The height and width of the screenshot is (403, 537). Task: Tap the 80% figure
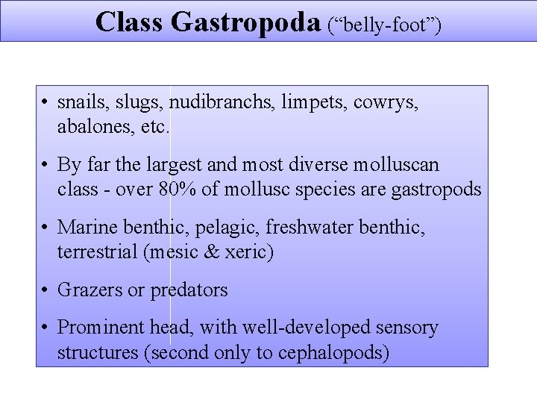[178, 190]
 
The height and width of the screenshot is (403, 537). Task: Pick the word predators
[189, 290]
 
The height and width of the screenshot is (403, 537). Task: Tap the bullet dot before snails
[46, 104]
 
